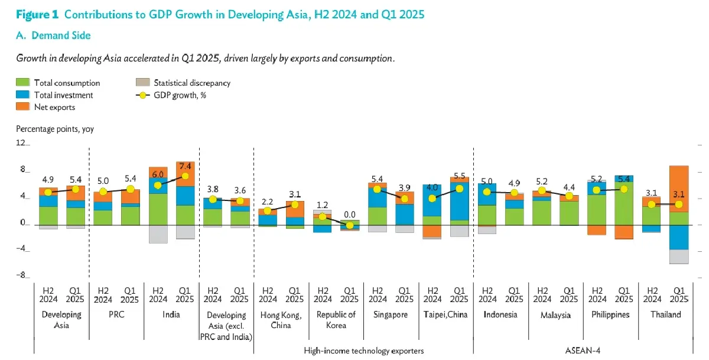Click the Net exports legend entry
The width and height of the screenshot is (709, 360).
click(54, 107)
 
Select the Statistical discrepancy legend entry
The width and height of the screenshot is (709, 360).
click(191, 83)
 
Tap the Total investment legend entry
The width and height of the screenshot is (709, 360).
click(63, 95)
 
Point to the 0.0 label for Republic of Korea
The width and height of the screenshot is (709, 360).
click(350, 215)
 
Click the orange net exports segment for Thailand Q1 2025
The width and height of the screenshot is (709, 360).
click(679, 189)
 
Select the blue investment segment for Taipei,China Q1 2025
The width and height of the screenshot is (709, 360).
click(459, 201)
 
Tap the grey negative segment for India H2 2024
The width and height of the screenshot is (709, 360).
click(158, 234)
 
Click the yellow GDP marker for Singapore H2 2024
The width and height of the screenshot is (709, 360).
click(377, 189)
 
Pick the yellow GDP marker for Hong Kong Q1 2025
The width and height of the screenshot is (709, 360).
click(294, 205)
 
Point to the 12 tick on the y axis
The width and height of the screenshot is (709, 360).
click(21, 144)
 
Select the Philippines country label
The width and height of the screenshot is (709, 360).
click(610, 314)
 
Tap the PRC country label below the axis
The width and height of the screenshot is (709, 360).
click(116, 314)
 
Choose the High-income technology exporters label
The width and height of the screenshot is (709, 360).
click(363, 351)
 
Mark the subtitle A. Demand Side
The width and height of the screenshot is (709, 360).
click(53, 35)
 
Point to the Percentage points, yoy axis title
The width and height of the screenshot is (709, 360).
click(54, 128)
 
